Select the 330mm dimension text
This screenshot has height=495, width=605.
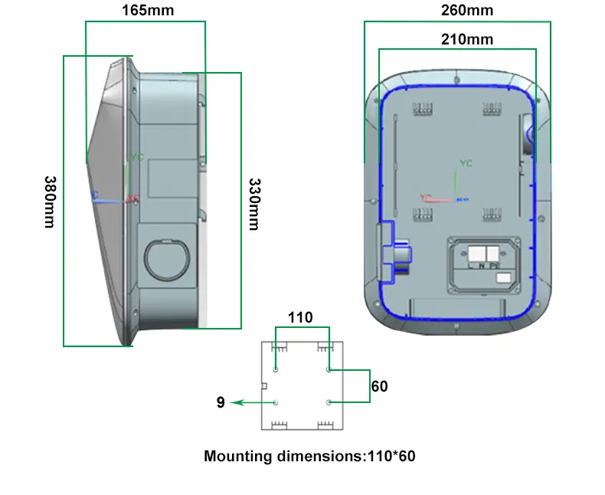tap(255, 202)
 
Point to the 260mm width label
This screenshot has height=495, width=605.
tap(466, 11)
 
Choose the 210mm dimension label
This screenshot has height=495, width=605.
tap(466, 39)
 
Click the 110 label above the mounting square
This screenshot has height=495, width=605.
tap(299, 317)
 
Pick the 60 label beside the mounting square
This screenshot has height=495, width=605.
tap(379, 386)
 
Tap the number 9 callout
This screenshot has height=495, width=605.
tap(221, 402)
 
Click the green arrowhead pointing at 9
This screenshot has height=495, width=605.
tap(238, 402)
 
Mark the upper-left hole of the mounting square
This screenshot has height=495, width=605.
tap(276, 370)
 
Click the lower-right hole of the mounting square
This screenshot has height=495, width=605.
tap(329, 402)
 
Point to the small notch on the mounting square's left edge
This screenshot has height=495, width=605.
tap(264, 385)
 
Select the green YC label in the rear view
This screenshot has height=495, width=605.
tap(466, 163)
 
